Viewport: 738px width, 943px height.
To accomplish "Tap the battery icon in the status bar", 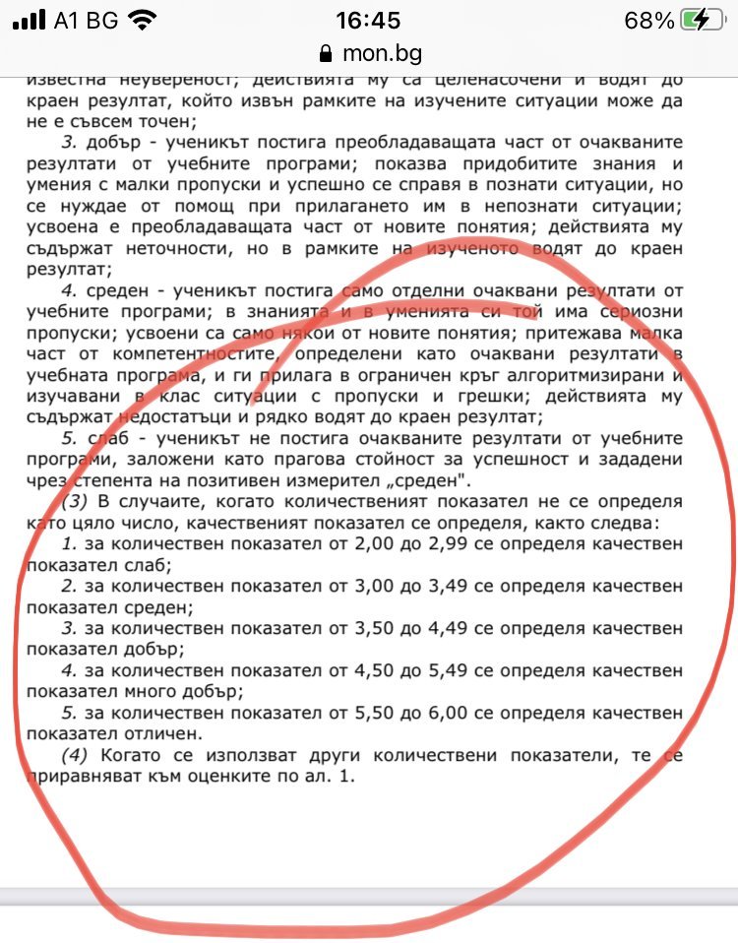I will (707, 20).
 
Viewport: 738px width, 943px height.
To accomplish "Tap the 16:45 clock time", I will (368, 20).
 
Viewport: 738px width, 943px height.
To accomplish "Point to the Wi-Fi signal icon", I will (142, 20).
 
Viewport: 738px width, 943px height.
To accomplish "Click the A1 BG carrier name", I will (88, 20).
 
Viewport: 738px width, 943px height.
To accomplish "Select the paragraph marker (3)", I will (78, 502).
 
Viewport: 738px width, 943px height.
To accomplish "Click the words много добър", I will (171, 692).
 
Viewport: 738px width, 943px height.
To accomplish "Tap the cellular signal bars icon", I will (32, 20).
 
